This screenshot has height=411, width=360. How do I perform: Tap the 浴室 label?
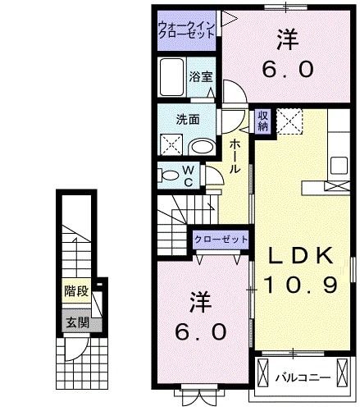[x=200, y=77]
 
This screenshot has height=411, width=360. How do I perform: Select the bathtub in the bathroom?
[x=172, y=80]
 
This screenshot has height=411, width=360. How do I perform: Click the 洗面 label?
[x=187, y=119]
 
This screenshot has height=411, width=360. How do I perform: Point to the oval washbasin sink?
[x=201, y=147]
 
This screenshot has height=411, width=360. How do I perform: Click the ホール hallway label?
[x=235, y=156]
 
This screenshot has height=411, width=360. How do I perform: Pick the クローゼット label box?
[x=220, y=239]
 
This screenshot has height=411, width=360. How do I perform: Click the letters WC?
[x=187, y=175]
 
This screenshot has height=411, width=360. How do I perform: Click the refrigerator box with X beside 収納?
[x=288, y=122]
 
